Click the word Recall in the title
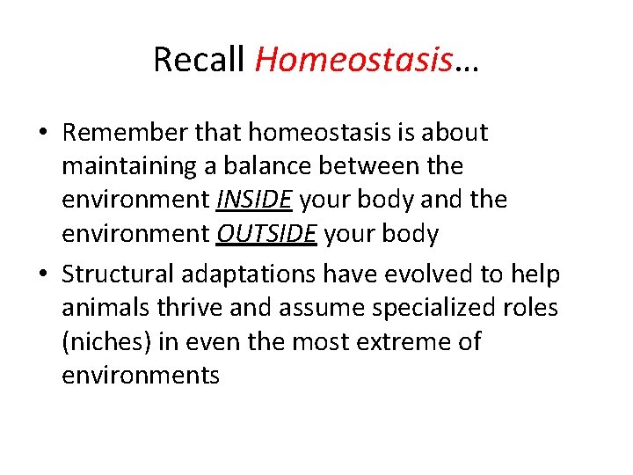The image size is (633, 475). tap(200, 60)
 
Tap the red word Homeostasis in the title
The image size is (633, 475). tap(353, 60)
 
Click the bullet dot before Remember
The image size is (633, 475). tap(44, 134)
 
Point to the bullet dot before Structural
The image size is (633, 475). tap(44, 274)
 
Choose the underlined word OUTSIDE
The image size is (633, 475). tap(277, 234)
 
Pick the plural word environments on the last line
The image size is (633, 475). tap(141, 376)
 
